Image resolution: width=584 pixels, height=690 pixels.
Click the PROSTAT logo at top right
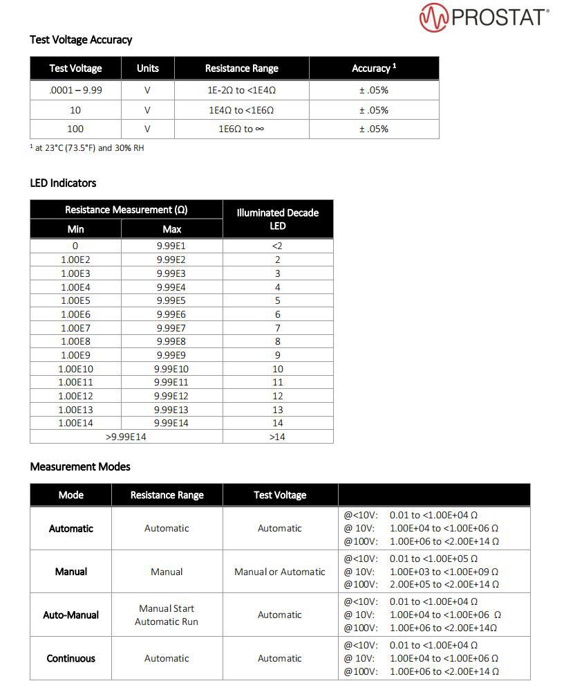484,17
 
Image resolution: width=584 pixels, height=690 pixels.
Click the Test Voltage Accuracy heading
81,39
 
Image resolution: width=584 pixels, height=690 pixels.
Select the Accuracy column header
373,68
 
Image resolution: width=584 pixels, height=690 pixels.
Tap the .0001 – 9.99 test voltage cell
75,90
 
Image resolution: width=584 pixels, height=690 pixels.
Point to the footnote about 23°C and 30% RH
88,147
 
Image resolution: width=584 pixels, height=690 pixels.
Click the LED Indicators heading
63,183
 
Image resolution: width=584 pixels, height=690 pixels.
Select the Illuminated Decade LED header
277,219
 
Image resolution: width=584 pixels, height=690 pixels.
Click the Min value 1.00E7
75,327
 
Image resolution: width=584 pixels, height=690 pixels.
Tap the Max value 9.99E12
171,396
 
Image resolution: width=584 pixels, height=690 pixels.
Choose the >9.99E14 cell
126,437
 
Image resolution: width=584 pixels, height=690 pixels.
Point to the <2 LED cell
277,246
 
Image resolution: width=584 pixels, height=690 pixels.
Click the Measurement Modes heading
80,466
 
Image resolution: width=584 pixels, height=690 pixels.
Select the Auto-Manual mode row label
70,615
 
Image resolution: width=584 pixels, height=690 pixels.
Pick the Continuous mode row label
70,658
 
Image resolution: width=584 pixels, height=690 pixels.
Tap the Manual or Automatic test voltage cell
279,572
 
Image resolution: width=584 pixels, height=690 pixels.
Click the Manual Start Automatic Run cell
167,615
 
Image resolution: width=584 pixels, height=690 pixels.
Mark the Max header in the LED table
171,229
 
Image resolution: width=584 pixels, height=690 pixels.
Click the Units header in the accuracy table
147,68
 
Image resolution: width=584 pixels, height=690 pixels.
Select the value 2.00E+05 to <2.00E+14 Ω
444,584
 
